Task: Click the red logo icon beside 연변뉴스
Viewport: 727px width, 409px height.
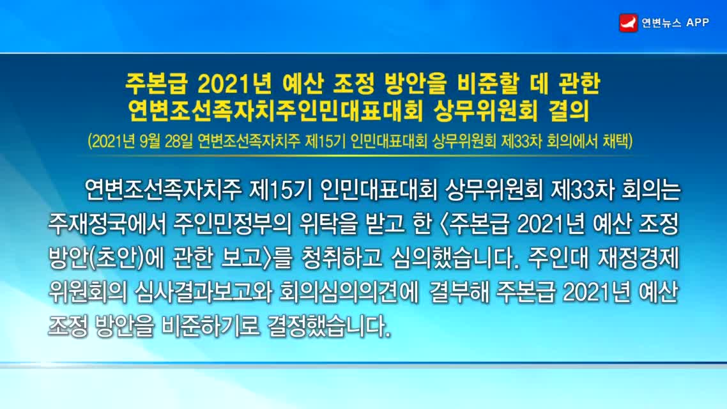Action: pyautogui.click(x=628, y=23)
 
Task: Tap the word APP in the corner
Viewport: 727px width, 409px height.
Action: pyautogui.click(x=698, y=23)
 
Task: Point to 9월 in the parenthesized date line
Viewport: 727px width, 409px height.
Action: pyautogui.click(x=149, y=141)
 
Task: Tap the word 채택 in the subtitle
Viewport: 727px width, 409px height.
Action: pyautogui.click(x=616, y=141)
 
